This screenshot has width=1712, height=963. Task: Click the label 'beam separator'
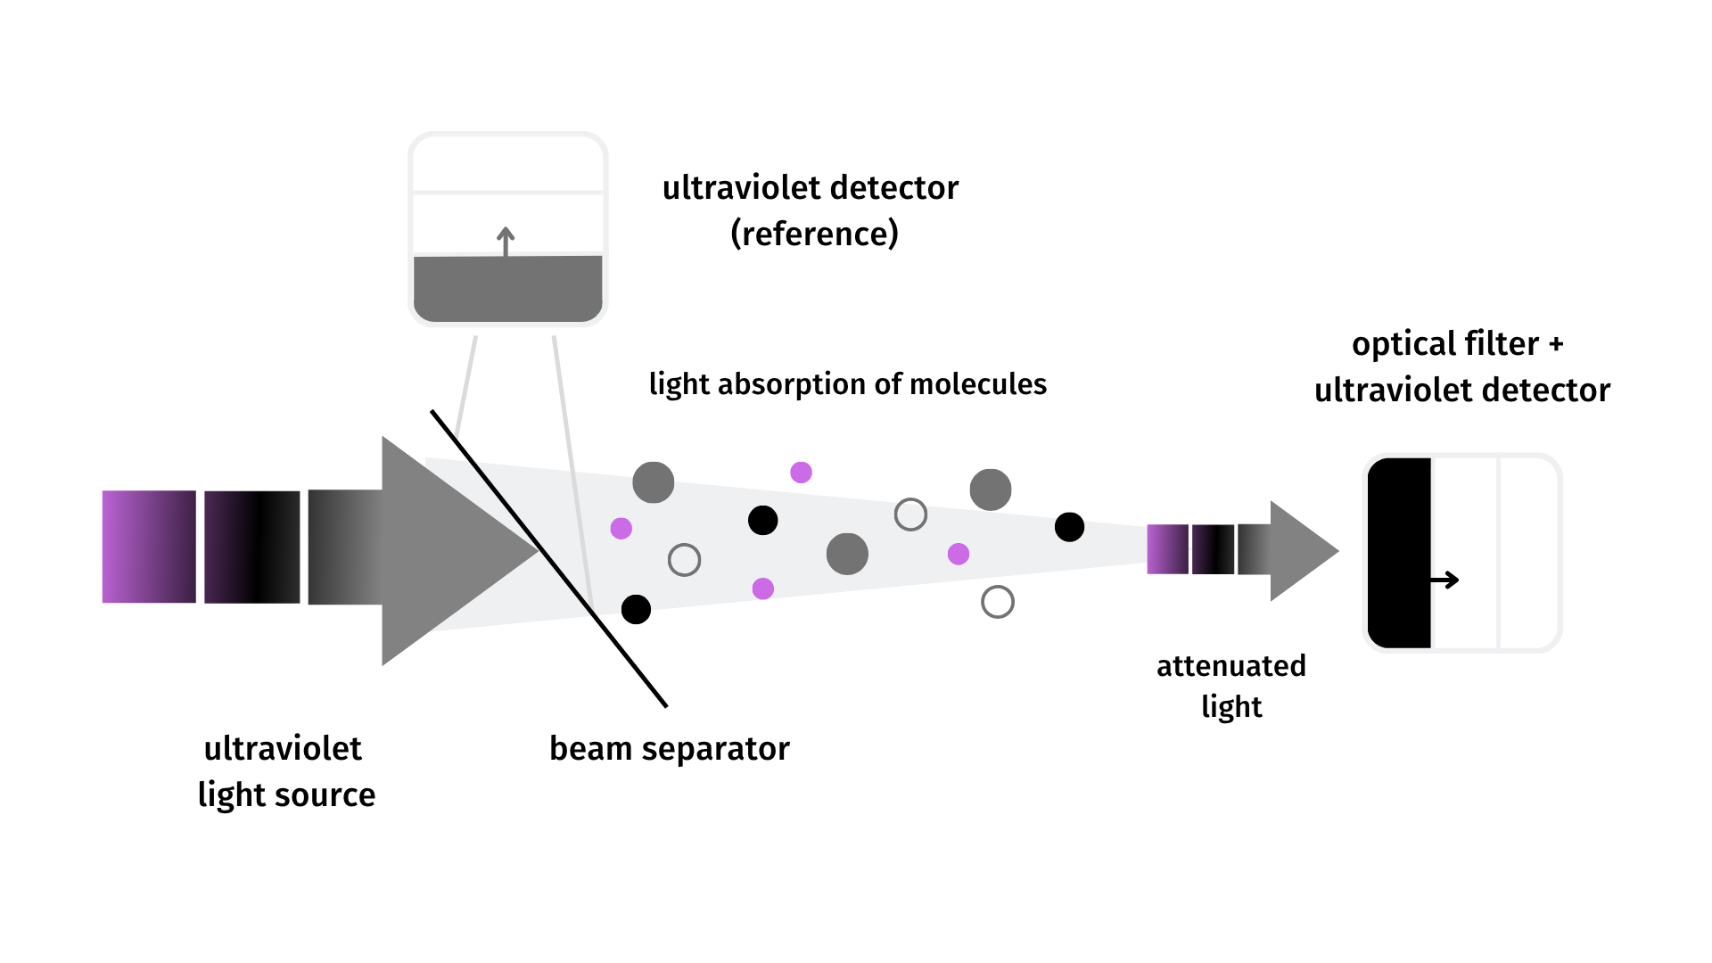pos(670,749)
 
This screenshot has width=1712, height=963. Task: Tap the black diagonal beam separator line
pos(549,559)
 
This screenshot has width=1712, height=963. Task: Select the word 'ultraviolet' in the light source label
pos(283,748)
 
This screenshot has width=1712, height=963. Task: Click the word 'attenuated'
pos(1231,666)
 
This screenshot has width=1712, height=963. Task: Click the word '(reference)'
pos(814,234)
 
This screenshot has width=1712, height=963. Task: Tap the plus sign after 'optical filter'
pos(1556,345)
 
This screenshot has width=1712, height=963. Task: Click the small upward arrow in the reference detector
pos(506,242)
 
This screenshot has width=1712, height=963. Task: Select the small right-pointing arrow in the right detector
pos(1444,580)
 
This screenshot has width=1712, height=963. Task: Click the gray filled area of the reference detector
pos(508,289)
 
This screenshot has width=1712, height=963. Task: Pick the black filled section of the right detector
pos(1399,553)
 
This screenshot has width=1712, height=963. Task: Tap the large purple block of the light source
pos(149,547)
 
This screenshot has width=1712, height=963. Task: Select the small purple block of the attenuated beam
pos(1167,549)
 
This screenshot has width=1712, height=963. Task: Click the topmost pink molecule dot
pos(801,473)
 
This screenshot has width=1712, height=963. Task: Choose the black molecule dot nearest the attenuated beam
pos(1069,527)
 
